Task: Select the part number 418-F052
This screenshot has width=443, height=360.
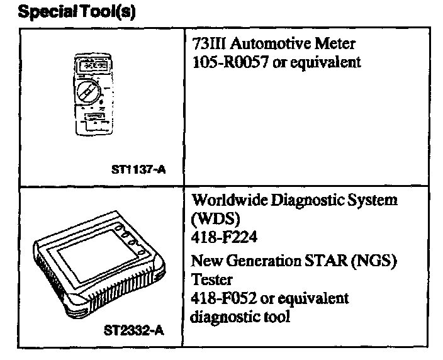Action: tap(222, 297)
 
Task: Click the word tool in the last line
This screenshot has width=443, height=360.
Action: tap(276, 316)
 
